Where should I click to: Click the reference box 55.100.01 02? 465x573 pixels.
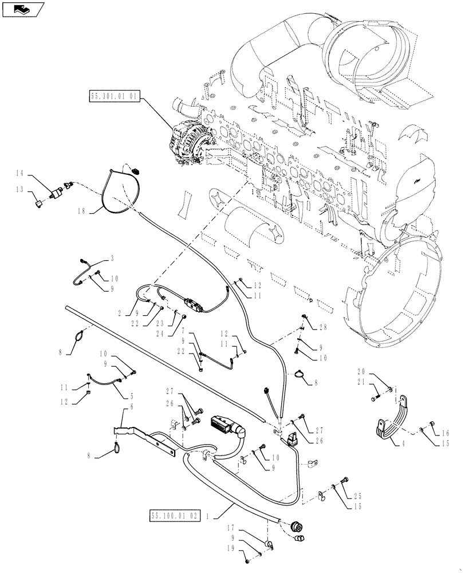pos(175,515)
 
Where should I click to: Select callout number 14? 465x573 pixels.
pos(19,172)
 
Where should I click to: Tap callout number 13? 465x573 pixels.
pos(19,189)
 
